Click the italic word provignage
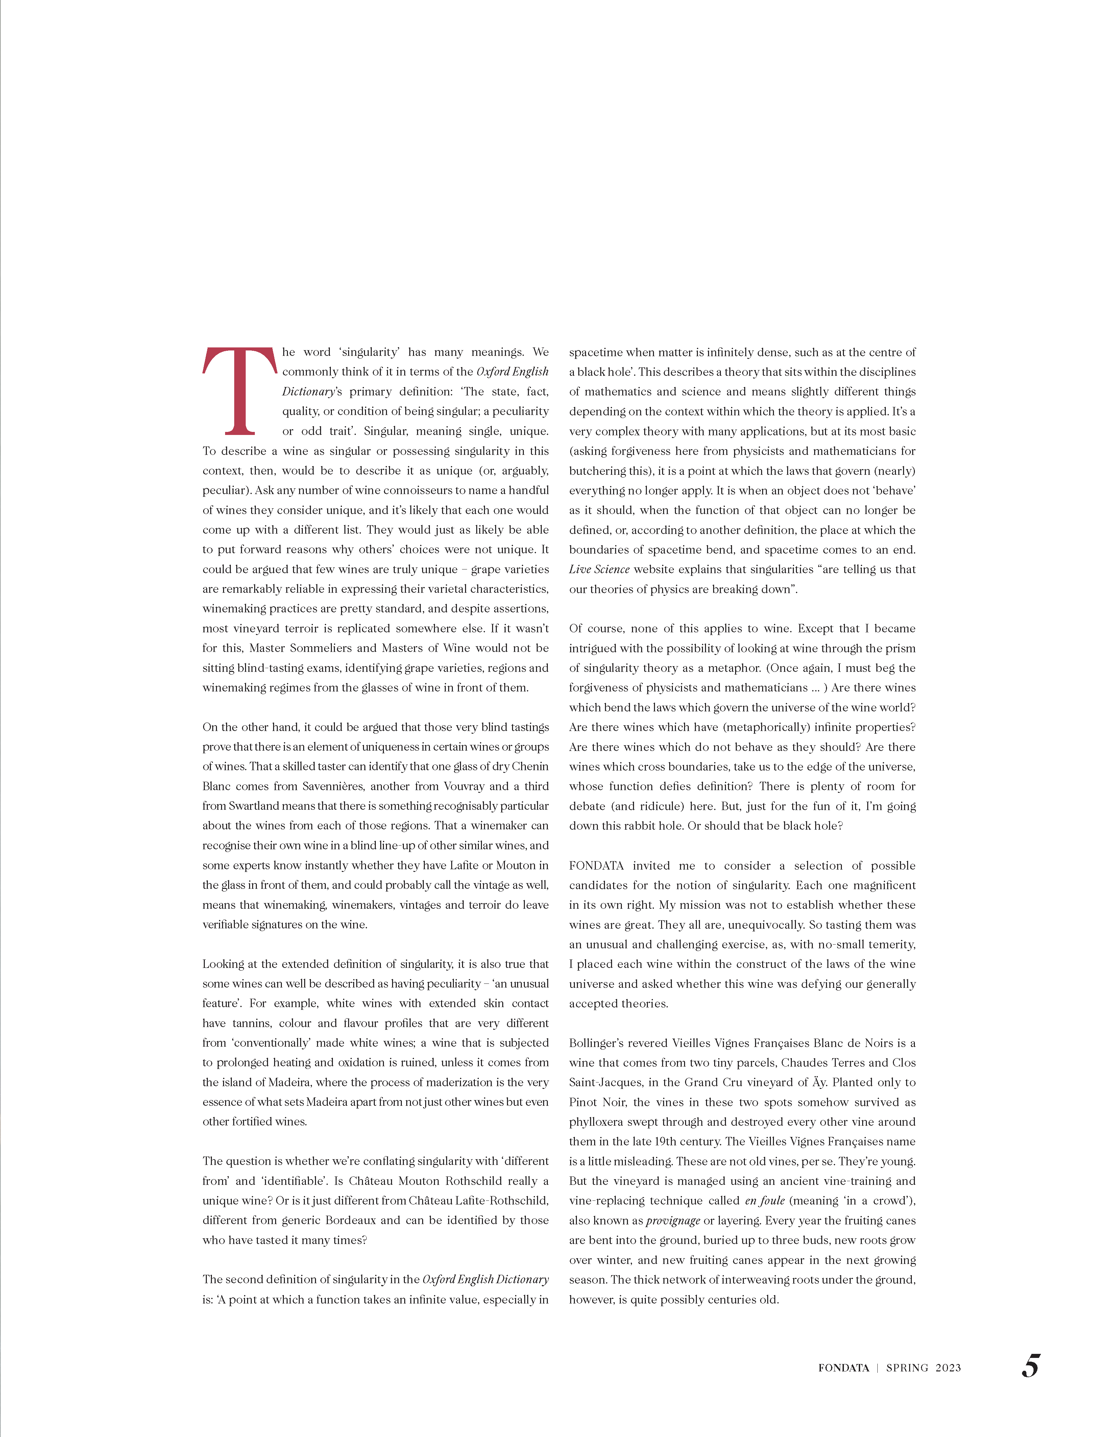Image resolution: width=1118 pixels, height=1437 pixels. (673, 1220)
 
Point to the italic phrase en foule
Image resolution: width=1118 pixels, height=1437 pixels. (764, 1201)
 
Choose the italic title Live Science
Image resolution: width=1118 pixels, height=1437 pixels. (599, 569)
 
